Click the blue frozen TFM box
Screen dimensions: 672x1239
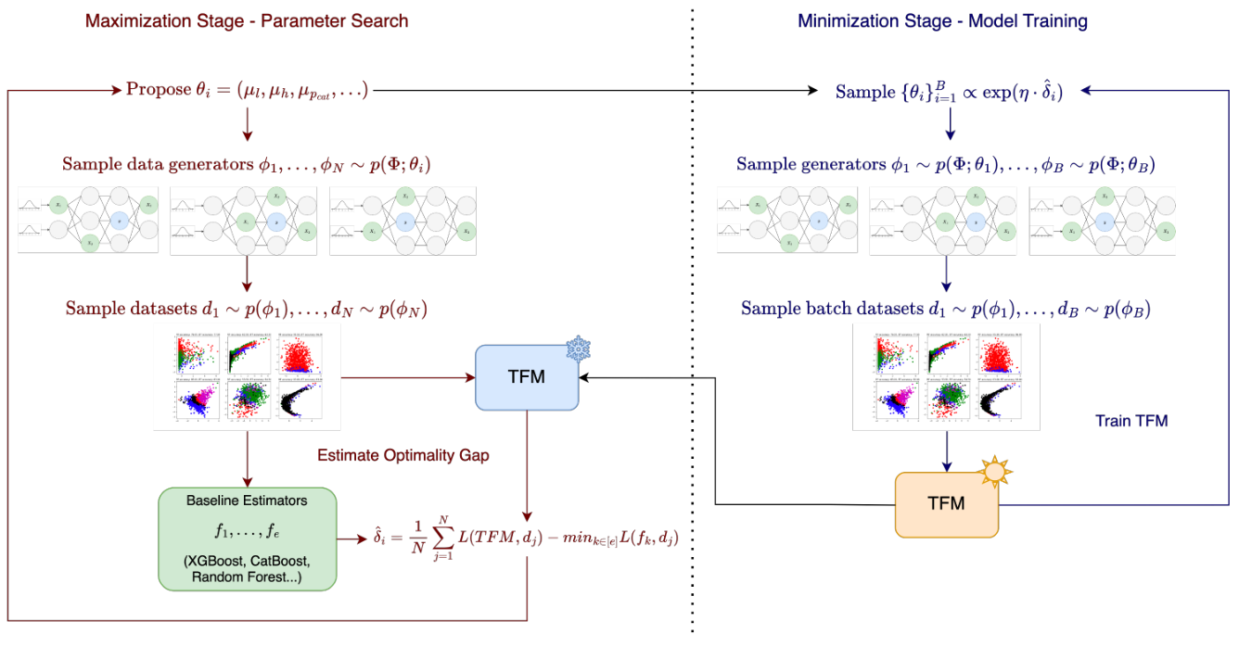[527, 377]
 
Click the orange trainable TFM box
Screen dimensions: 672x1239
[946, 504]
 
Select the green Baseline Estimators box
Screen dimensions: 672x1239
[247, 539]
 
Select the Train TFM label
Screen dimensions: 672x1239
[1131, 421]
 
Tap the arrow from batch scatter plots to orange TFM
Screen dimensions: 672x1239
[946, 451]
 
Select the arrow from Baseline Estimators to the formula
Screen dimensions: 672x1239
[349, 539]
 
